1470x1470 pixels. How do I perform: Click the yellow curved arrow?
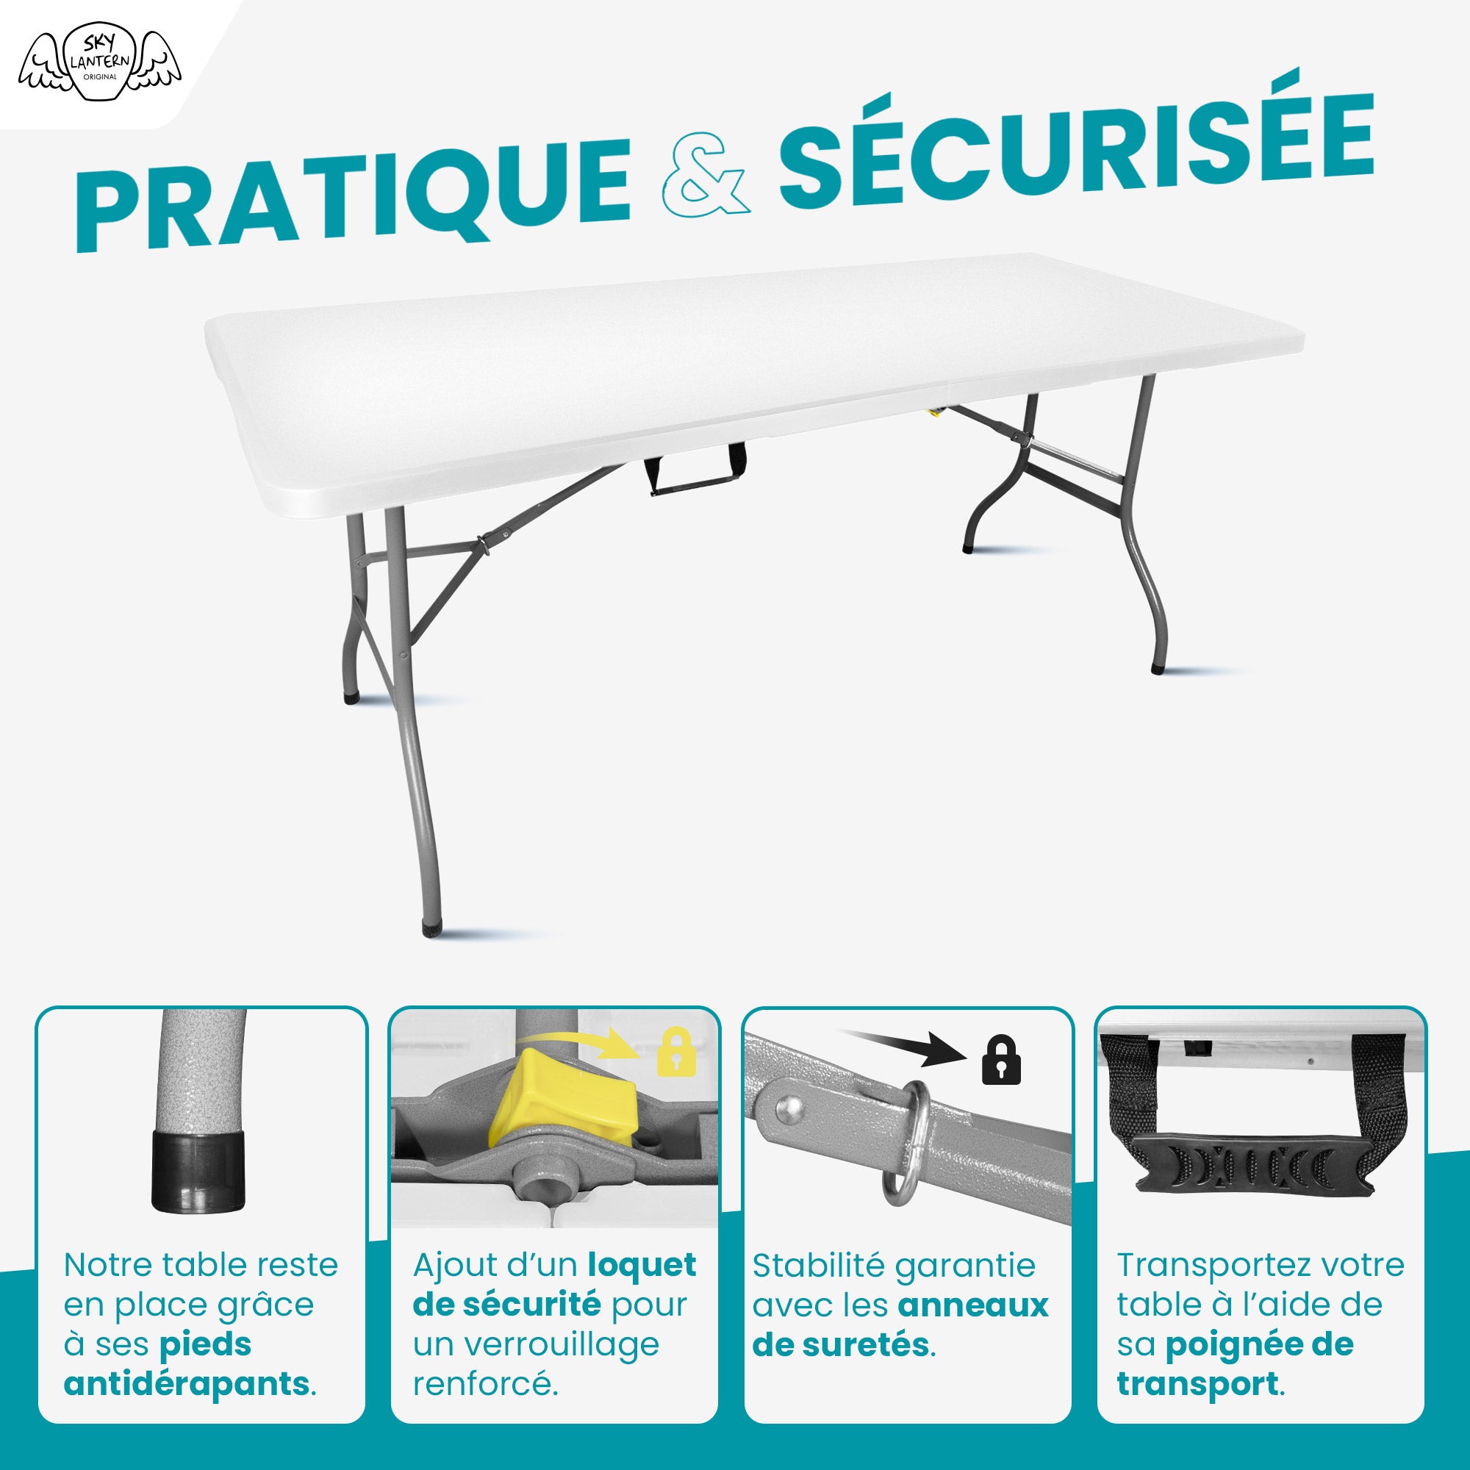578,1043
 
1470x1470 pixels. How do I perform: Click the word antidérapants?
187,1383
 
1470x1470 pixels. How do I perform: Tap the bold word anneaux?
973,1305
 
